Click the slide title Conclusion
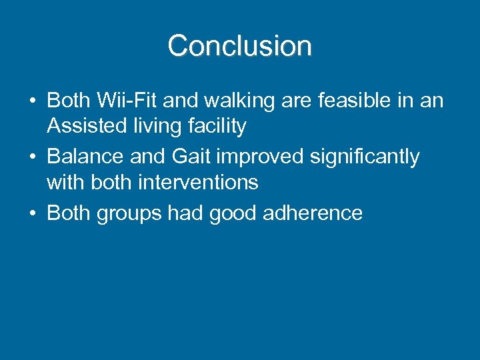point(239,46)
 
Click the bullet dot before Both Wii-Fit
point(32,101)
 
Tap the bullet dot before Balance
point(32,157)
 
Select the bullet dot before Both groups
point(32,213)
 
